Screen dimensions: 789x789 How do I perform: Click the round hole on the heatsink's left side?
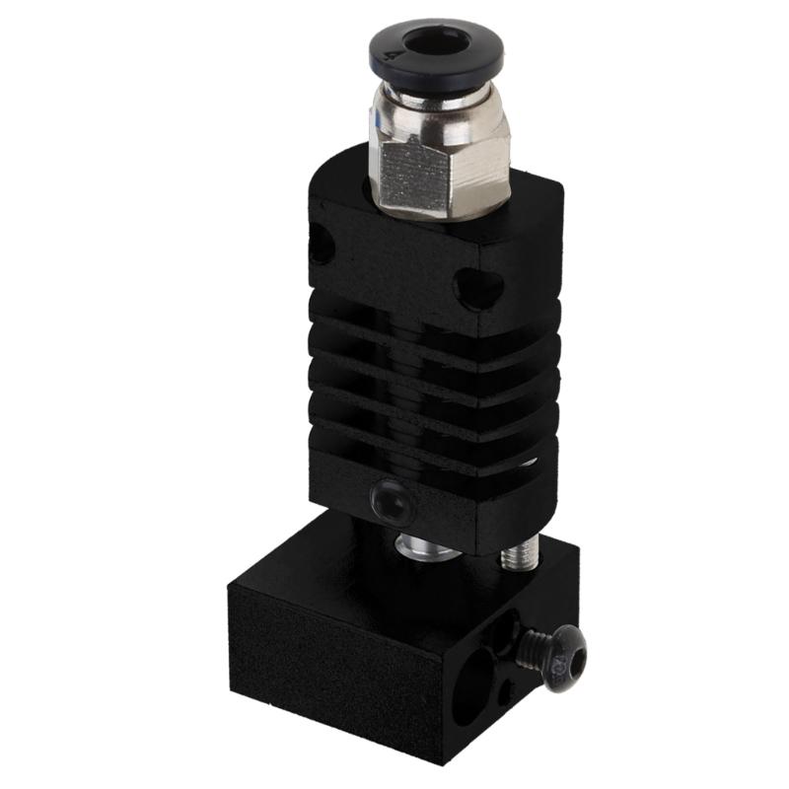click(x=321, y=242)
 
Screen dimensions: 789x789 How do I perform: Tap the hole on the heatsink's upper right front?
click(x=479, y=288)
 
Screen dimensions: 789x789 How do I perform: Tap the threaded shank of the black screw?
click(x=530, y=646)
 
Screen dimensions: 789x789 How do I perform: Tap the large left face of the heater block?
click(x=325, y=671)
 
